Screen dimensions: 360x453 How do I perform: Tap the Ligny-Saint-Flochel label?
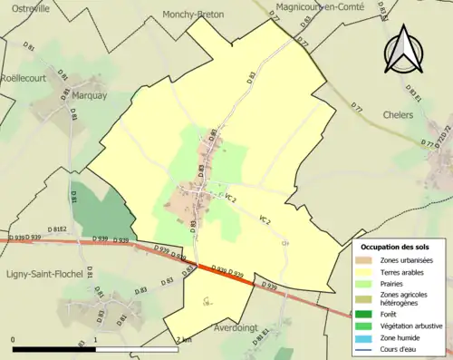point(45,273)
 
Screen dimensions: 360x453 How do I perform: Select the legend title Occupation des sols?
point(396,247)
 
